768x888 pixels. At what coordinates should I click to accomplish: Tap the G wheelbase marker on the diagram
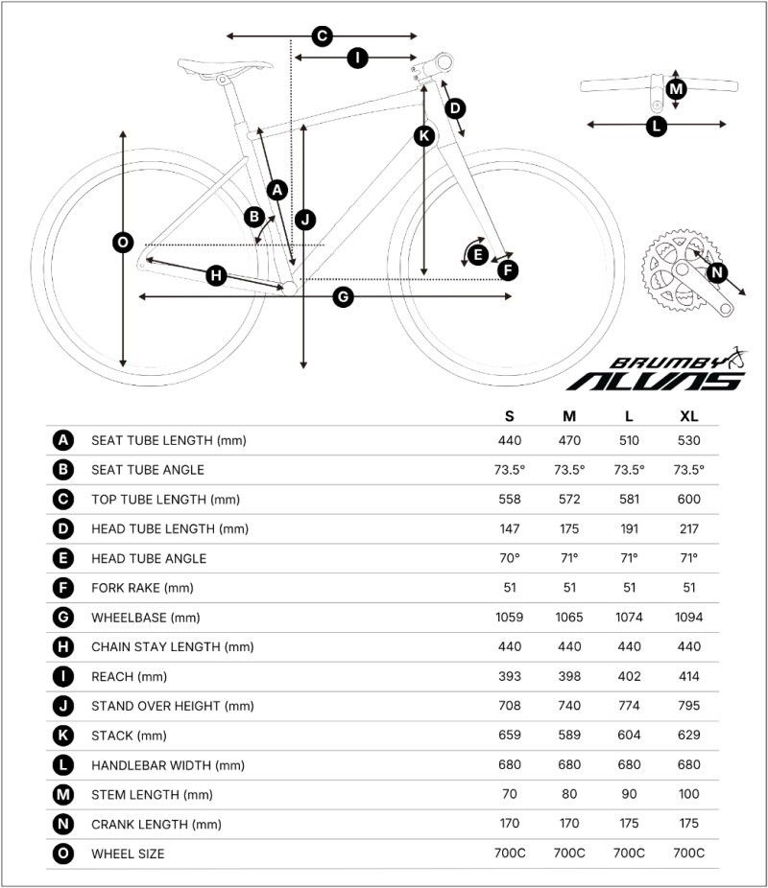click(343, 296)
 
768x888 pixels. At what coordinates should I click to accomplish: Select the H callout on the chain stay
click(216, 276)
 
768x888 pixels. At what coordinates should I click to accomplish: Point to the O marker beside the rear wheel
click(123, 243)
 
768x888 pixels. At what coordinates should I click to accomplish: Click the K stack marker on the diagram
click(424, 136)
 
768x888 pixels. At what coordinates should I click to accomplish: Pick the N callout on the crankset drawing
click(717, 272)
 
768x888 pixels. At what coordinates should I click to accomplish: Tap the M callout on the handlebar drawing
click(676, 89)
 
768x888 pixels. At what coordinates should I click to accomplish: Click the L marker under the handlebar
click(657, 126)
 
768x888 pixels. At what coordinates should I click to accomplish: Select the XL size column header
click(688, 416)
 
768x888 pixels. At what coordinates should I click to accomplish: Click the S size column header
click(510, 416)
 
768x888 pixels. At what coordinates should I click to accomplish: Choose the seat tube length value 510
click(629, 440)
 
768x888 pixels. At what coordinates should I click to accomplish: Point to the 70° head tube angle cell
click(510, 558)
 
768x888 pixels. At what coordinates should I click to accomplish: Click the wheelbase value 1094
click(688, 618)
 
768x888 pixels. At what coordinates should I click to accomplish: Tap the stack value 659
click(510, 736)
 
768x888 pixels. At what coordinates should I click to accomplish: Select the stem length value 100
click(688, 794)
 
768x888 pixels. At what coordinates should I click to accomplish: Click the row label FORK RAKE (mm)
click(142, 588)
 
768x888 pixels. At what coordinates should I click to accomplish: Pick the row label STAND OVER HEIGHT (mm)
click(173, 706)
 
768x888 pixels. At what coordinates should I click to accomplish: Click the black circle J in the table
click(63, 706)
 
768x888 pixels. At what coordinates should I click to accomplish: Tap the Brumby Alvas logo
click(658, 370)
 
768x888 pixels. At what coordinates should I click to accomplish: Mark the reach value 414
click(688, 676)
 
